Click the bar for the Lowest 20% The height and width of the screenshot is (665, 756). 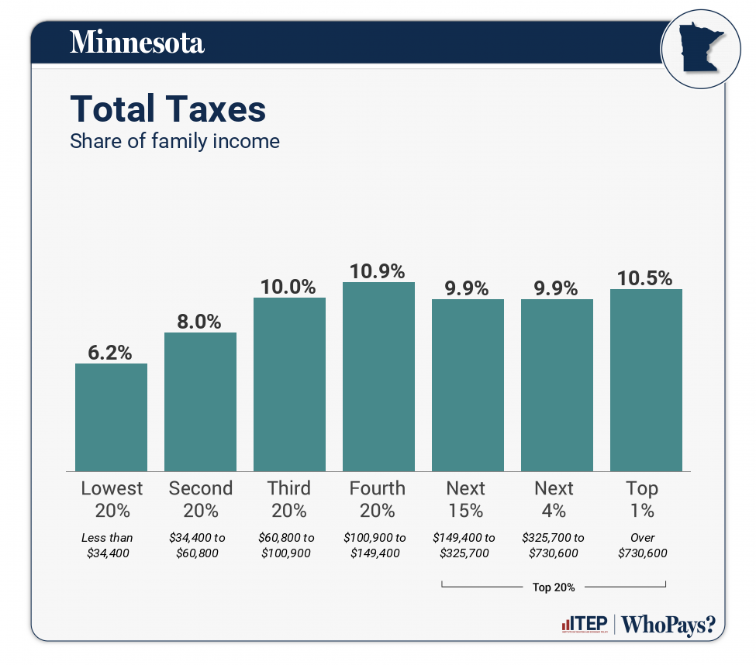(111, 417)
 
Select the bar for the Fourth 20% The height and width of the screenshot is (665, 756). (378, 377)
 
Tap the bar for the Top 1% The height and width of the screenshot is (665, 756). (646, 380)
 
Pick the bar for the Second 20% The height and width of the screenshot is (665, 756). (200, 401)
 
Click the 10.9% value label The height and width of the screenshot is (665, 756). (378, 271)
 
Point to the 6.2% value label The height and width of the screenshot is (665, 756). (111, 353)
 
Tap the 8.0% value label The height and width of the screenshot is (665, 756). (200, 322)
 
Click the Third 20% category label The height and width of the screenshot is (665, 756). (289, 499)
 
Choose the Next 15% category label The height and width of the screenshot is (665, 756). (466, 499)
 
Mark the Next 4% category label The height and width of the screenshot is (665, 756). (554, 499)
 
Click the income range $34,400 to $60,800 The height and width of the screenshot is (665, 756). (200, 545)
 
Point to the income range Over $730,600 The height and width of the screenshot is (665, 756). (643, 545)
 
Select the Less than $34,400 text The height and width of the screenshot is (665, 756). (108, 545)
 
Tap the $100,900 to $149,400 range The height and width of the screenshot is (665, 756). (378, 545)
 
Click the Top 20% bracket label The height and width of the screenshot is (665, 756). (554, 587)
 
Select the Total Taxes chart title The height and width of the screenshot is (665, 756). (168, 109)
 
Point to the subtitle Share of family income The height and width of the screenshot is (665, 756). (174, 142)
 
